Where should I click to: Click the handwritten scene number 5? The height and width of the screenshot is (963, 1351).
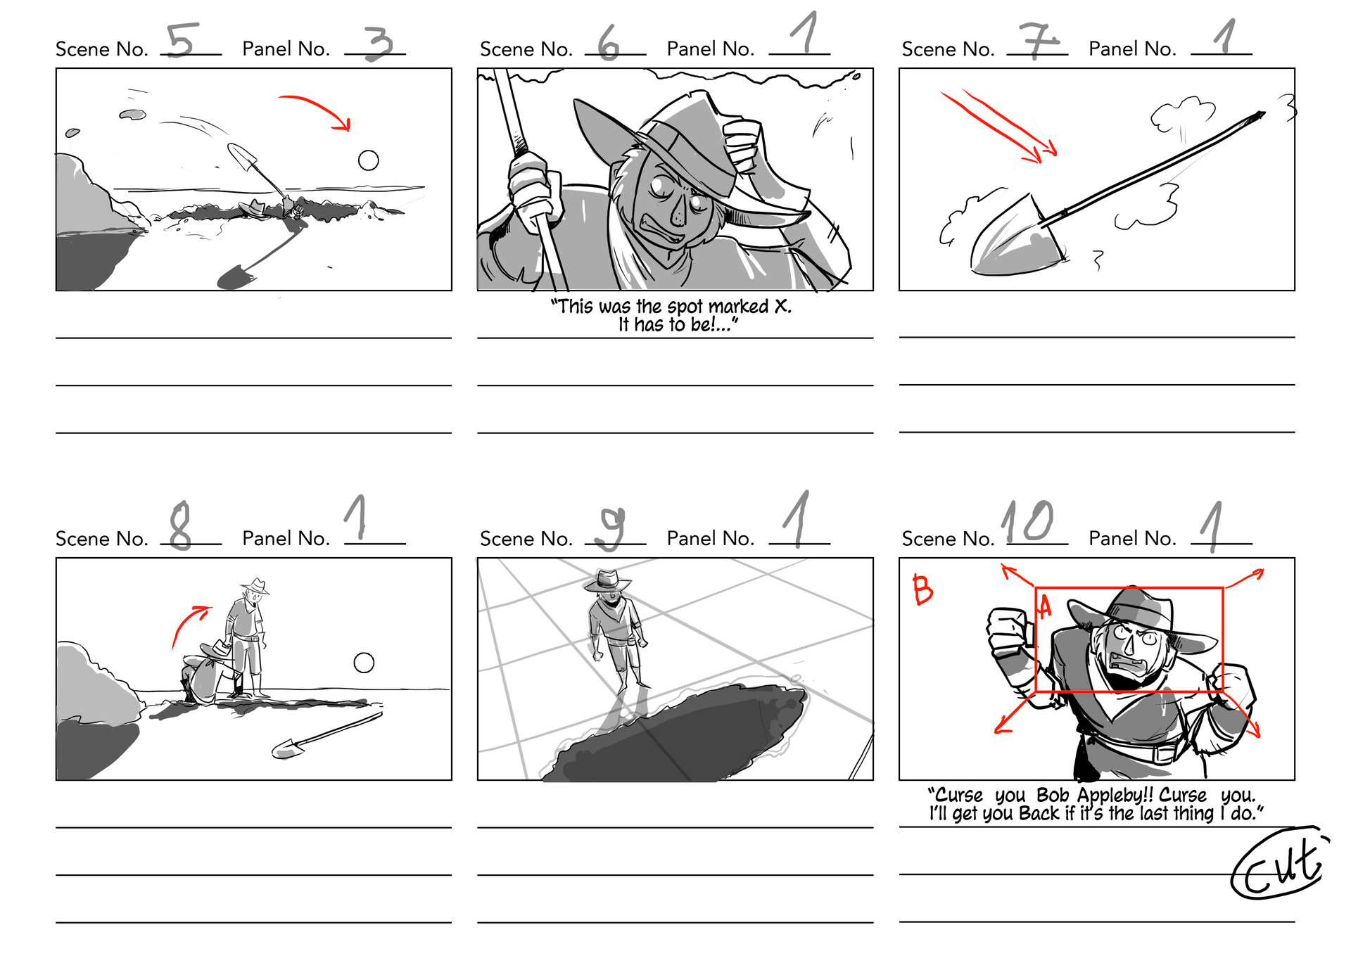182,40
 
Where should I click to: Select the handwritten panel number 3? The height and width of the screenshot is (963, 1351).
378,44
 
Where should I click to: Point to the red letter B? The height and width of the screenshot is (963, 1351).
922,589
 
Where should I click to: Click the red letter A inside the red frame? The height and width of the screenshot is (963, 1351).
1044,606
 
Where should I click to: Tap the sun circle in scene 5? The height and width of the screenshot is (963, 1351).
368,160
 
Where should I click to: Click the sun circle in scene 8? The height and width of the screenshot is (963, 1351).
364,663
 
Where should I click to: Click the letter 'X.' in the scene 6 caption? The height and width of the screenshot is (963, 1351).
782,307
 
